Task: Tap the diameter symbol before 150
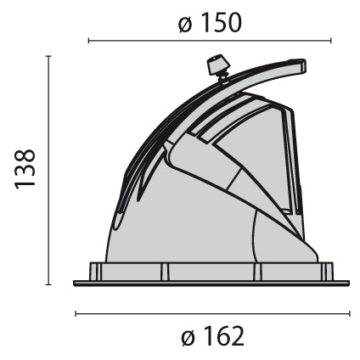pos(185,25)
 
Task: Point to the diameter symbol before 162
pos(188,339)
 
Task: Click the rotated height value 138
pos(25,169)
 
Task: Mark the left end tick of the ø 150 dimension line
pos(89,41)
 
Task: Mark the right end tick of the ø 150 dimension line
pos(331,41)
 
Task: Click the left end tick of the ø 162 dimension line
pos(76,313)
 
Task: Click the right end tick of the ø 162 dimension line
pos(350,313)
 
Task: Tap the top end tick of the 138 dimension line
pos(48,56)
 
